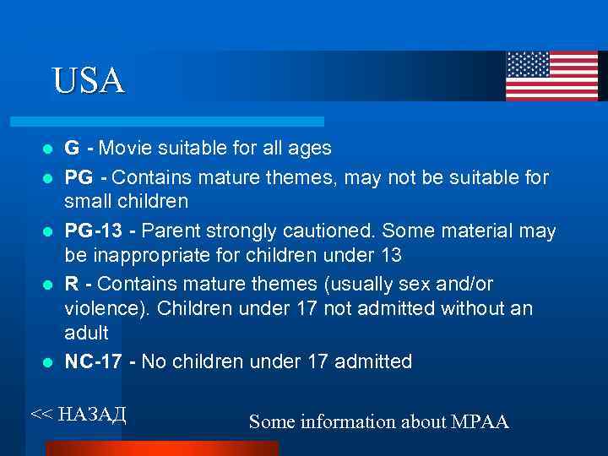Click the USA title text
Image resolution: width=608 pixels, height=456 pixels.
88,80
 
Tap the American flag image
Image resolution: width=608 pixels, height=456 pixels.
551,76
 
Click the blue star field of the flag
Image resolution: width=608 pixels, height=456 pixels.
528,64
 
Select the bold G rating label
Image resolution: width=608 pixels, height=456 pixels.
73,149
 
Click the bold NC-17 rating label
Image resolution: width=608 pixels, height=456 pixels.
93,362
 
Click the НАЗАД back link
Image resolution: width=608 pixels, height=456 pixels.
79,413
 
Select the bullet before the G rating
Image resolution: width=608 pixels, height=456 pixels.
49,149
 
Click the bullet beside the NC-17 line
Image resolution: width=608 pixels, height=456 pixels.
49,363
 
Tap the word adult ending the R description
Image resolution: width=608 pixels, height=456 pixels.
87,334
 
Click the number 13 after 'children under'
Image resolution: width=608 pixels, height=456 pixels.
390,256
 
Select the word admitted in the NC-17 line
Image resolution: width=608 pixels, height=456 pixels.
373,362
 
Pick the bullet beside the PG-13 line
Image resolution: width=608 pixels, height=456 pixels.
49,232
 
